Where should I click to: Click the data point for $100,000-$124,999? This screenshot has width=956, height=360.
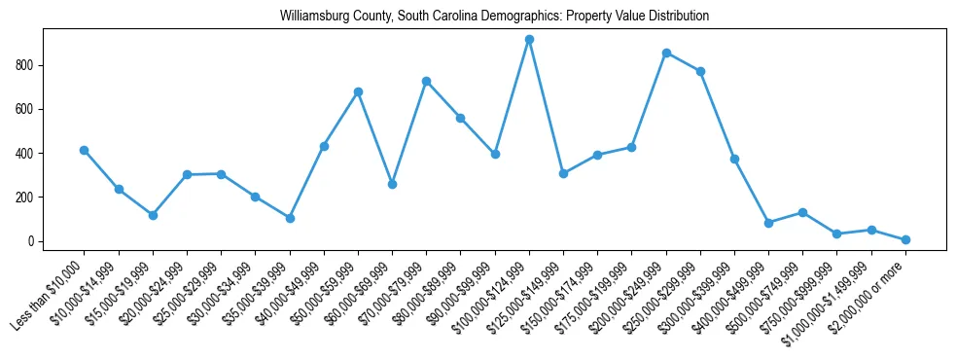tap(529, 40)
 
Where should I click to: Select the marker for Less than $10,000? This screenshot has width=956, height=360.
tap(85, 150)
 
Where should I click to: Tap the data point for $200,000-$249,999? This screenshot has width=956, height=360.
tap(666, 53)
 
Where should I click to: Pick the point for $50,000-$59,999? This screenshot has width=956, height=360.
tap(358, 91)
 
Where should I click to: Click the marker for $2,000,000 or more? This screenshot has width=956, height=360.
tap(905, 239)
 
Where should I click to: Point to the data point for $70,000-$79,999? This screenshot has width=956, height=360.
tap(426, 81)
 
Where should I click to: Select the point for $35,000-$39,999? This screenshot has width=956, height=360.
tap(290, 218)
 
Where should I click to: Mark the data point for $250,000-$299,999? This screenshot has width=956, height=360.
tap(700, 71)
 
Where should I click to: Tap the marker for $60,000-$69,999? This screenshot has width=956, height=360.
tap(392, 184)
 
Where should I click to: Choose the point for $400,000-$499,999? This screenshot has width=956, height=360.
tap(768, 223)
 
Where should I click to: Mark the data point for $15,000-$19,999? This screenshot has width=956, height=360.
tap(153, 215)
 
